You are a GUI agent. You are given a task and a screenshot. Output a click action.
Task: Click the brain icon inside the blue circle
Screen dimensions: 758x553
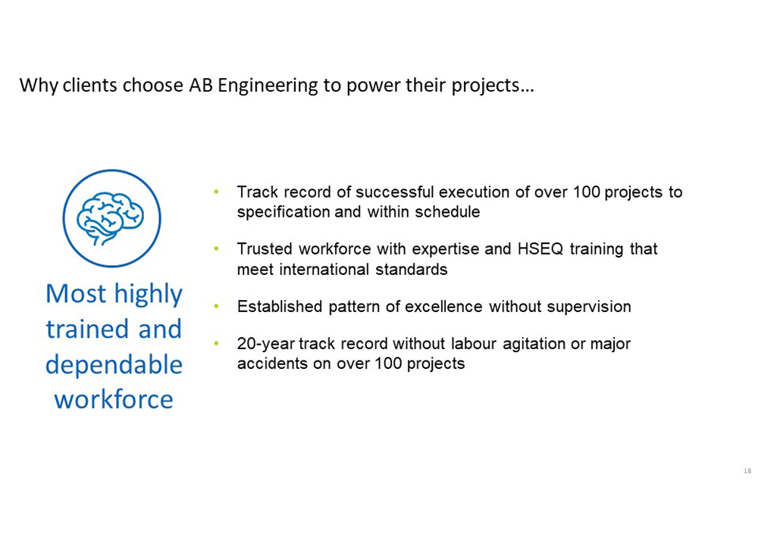110,218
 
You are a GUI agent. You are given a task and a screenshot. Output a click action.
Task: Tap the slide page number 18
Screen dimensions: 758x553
747,470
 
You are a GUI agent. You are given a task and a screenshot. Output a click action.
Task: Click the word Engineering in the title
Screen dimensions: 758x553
268,86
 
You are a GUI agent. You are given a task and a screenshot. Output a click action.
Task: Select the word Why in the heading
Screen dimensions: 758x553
39,86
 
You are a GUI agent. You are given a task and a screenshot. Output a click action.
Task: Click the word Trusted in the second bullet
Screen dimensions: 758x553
265,249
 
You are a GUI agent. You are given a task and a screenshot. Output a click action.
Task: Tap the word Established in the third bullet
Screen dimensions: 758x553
280,307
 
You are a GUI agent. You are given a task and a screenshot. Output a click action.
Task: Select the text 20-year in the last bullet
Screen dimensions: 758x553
265,344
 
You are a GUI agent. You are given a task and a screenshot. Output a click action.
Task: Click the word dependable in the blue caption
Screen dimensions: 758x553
114,364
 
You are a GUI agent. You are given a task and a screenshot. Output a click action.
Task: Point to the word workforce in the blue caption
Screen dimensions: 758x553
114,400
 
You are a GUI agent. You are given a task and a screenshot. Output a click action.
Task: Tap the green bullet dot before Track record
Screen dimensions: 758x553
217,192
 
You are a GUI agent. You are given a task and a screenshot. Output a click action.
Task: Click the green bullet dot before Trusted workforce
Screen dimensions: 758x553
217,248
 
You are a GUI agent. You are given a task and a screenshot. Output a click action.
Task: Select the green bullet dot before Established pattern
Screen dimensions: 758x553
217,306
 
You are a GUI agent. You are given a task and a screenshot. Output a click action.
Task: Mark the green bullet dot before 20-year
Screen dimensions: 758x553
217,343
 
